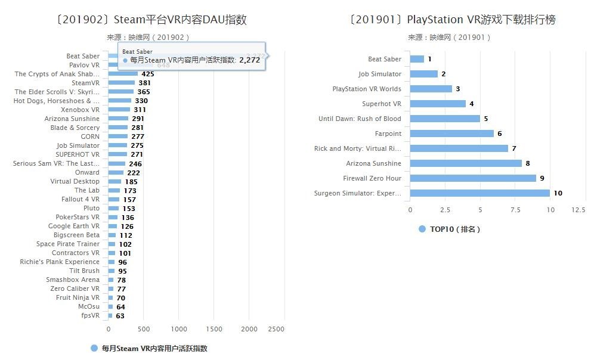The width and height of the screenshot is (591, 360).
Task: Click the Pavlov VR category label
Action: tap(84, 65)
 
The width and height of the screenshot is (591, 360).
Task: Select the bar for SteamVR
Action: tap(122, 83)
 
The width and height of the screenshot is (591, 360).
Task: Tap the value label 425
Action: tap(147, 74)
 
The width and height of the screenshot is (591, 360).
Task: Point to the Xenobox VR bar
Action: tap(119, 110)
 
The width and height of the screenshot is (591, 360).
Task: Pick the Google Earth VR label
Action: tap(74, 226)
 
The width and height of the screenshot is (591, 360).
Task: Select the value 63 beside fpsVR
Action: tap(120, 316)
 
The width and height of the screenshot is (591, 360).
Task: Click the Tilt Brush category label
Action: tap(84, 271)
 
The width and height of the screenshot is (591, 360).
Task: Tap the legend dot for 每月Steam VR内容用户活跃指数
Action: tap(94, 348)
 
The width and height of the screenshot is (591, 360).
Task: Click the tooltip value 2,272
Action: tap(249, 60)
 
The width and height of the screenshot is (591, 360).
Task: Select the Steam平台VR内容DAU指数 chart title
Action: tap(151, 20)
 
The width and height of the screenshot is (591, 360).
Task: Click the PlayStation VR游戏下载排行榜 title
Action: tap(453, 20)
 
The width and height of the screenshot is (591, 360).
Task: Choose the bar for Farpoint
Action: tap(451, 134)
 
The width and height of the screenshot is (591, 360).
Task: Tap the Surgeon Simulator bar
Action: tap(479, 193)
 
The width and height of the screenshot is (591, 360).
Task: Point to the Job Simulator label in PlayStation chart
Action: tap(379, 74)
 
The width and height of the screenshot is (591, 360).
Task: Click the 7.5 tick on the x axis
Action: tap(515, 210)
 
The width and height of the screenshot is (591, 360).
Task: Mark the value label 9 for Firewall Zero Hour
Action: tap(542, 178)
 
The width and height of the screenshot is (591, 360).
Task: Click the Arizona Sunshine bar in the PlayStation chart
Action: tap(466, 163)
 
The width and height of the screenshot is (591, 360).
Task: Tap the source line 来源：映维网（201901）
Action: tap(449, 37)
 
